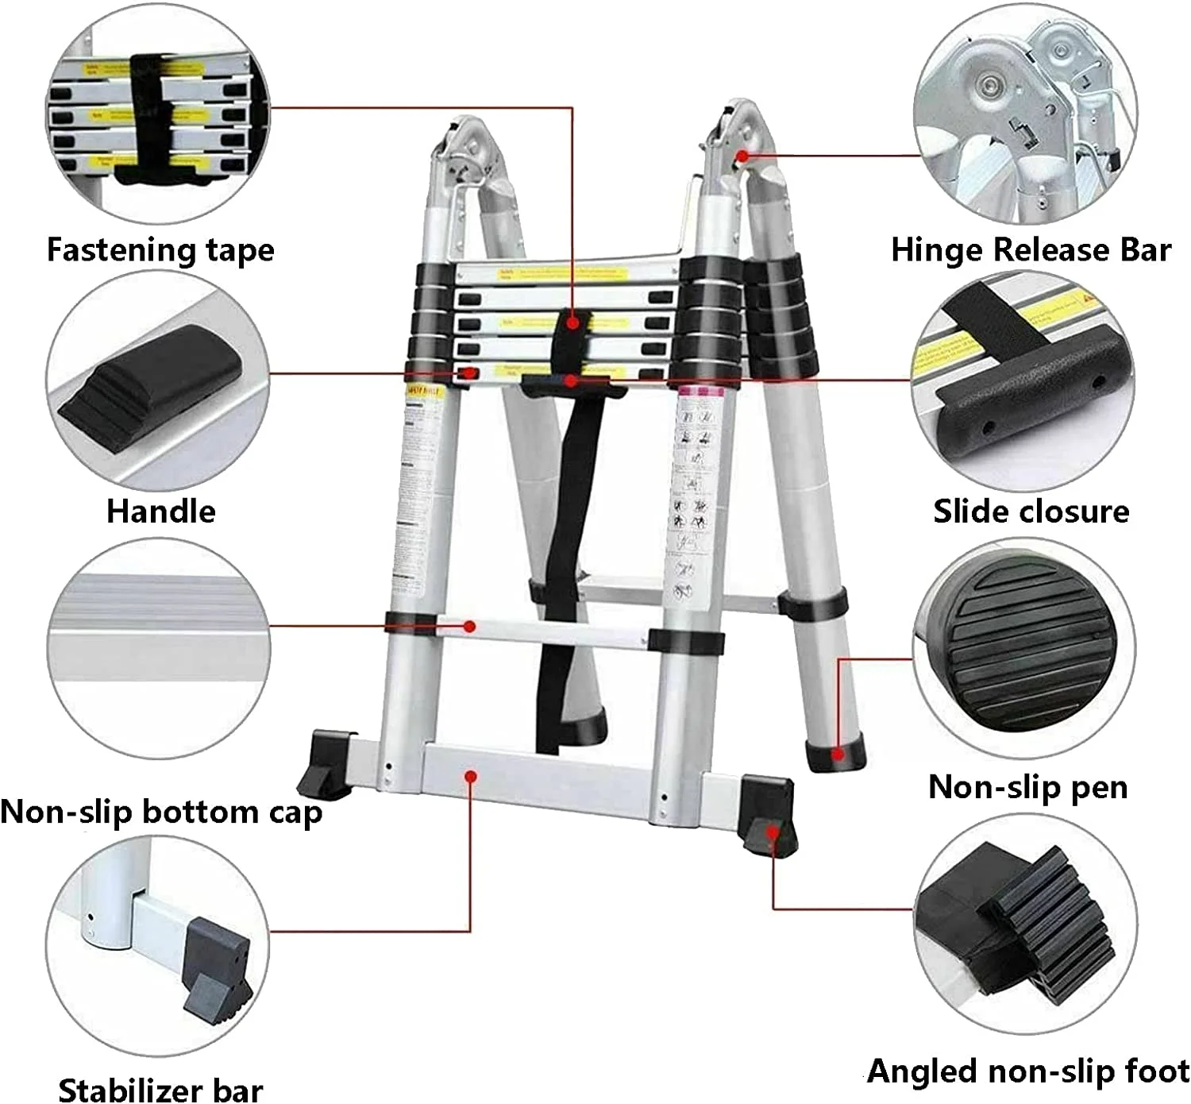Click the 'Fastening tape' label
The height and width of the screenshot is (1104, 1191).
pyautogui.click(x=160, y=249)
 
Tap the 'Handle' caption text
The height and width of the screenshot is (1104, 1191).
pyautogui.click(x=161, y=511)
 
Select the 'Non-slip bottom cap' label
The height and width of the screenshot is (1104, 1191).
pyautogui.click(x=161, y=812)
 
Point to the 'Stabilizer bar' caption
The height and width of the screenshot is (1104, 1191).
pyautogui.click(x=160, y=1089)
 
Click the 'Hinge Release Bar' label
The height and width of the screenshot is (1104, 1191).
pyautogui.click(x=1031, y=249)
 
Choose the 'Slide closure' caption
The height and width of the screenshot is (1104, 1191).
pyautogui.click(x=1031, y=511)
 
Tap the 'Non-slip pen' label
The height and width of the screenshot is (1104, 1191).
pyautogui.click(x=1027, y=787)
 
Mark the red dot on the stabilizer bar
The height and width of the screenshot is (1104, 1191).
pyautogui.click(x=471, y=775)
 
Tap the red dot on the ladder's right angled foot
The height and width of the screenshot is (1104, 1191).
pyautogui.click(x=773, y=831)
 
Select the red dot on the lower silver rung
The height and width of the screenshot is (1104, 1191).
pyautogui.click(x=470, y=626)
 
